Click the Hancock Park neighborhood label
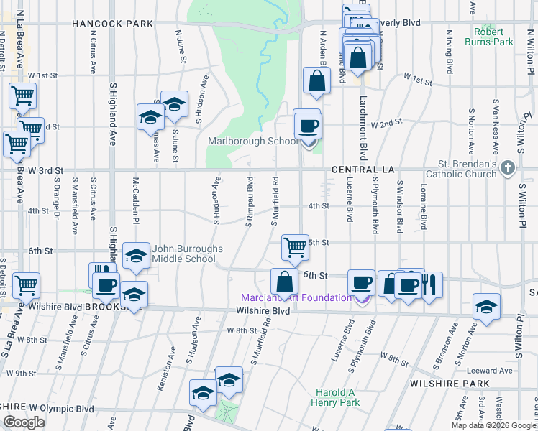[x=112, y=24]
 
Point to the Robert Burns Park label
[x=503, y=37]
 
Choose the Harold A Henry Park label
[x=337, y=397]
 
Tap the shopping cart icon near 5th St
[x=295, y=247]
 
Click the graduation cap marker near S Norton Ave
[x=486, y=306]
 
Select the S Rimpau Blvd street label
[x=249, y=202]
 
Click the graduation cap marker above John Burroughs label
[x=135, y=255]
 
